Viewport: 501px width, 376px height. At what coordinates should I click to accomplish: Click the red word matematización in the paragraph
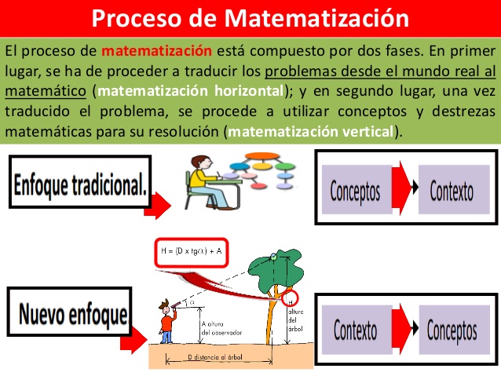click(157, 51)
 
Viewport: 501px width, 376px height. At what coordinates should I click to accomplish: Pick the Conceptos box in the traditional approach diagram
click(355, 190)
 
